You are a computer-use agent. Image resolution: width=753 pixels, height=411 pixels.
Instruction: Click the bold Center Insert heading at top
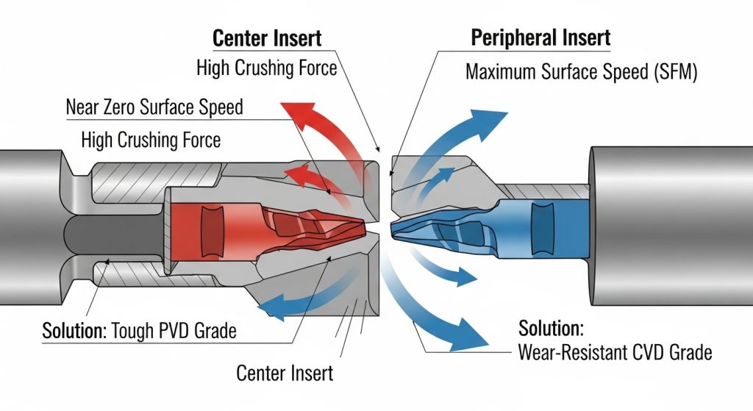[x=267, y=37]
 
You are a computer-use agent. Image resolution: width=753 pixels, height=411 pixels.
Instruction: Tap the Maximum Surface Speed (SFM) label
[x=581, y=73]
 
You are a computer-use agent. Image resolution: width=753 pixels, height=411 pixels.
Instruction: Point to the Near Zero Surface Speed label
[x=154, y=107]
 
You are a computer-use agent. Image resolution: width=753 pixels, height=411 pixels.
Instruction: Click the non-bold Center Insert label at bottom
[x=285, y=373]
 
